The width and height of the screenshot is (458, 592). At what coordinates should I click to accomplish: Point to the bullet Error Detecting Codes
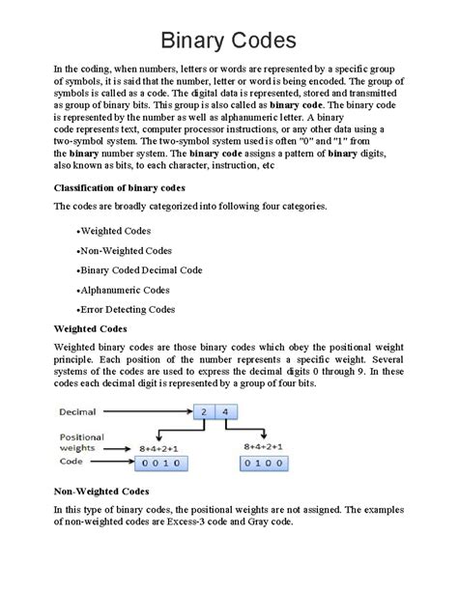coord(126,309)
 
